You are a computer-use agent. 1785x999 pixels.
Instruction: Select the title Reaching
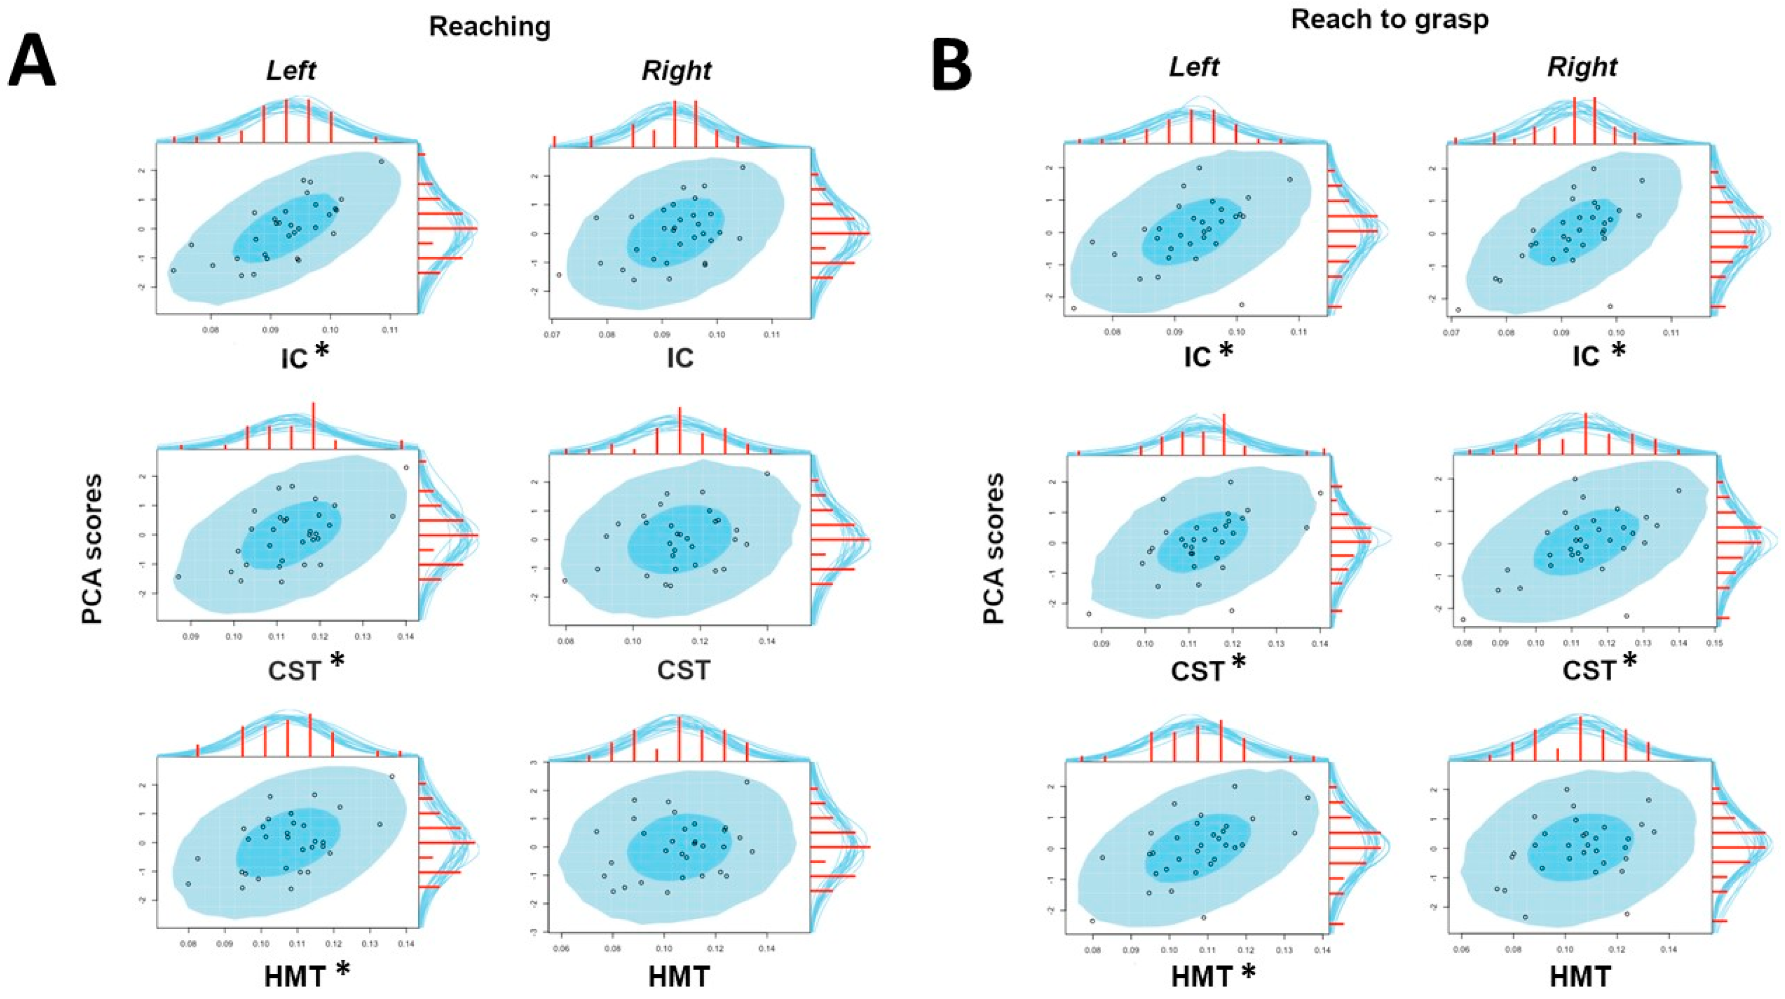click(x=490, y=26)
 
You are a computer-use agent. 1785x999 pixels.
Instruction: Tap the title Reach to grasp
click(x=1390, y=20)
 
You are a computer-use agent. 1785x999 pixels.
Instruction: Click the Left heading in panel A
click(x=291, y=70)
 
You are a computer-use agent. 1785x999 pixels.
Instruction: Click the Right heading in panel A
click(x=676, y=70)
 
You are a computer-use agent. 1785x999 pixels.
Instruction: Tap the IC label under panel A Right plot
click(x=680, y=358)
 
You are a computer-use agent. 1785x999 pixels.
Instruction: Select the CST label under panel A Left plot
click(x=295, y=671)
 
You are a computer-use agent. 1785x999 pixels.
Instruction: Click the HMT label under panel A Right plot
click(x=679, y=977)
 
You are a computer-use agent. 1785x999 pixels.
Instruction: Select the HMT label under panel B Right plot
click(x=1580, y=977)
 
